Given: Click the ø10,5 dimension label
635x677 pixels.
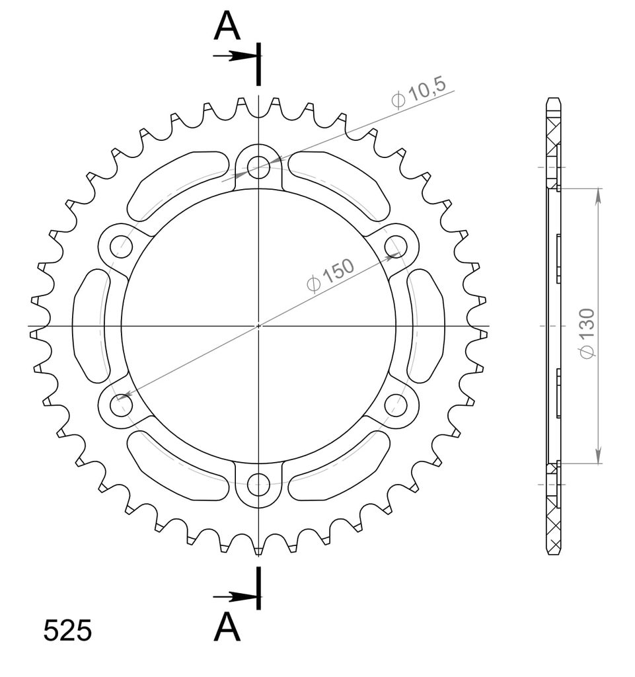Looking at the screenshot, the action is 418,93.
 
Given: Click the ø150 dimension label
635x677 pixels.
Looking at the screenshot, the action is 330,274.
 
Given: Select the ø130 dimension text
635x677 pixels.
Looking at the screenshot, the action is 587,333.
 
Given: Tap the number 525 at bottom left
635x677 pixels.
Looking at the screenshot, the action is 67,631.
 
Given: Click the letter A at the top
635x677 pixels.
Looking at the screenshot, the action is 227,26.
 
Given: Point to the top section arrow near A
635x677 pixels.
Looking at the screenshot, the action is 236,56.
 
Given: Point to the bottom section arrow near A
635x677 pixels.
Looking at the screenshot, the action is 236,597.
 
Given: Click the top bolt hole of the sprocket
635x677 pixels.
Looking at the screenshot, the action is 258,167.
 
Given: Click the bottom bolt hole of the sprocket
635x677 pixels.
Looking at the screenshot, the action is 258,484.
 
